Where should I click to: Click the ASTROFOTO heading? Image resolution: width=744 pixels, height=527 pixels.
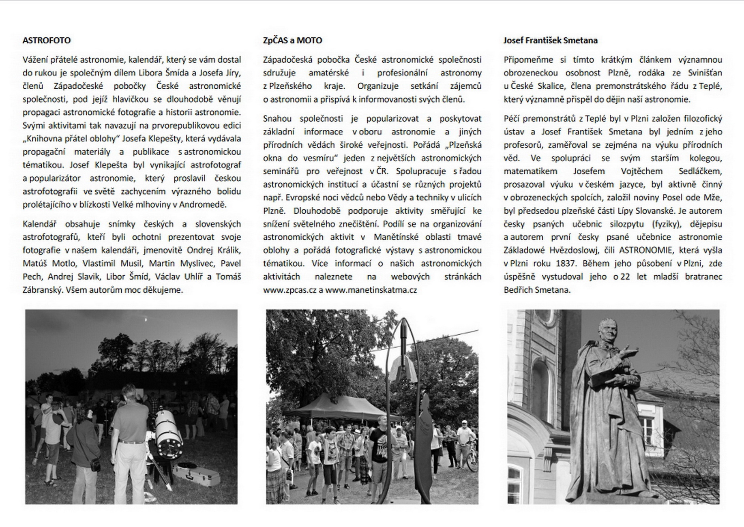(x=47, y=41)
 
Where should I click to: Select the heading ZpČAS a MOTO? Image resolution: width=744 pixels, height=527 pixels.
(x=292, y=41)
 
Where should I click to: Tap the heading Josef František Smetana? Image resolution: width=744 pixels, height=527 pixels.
(x=550, y=41)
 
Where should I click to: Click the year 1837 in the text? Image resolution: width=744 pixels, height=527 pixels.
(x=566, y=263)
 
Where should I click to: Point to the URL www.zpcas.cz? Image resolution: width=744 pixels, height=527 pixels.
(x=289, y=290)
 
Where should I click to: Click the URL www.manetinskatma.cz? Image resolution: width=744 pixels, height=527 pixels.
(x=371, y=290)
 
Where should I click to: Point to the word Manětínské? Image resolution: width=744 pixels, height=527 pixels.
(x=396, y=237)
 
